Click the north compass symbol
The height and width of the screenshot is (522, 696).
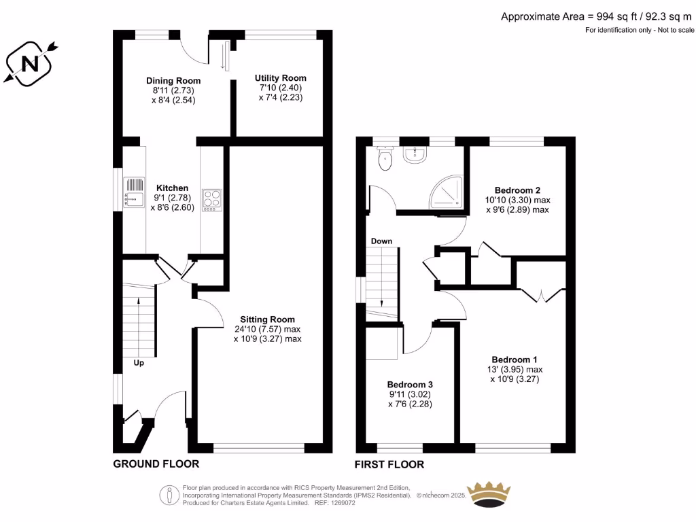point(30,64)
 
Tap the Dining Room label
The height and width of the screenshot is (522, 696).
point(173,80)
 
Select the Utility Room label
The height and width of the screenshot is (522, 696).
point(281,77)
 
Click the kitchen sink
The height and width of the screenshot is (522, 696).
point(134,192)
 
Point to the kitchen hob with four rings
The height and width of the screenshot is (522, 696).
point(212,201)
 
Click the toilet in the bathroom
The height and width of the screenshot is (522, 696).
point(385,158)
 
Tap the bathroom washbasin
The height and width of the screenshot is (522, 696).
point(415,154)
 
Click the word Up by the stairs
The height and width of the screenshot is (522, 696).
point(139,363)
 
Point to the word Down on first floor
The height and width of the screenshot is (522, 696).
point(382,241)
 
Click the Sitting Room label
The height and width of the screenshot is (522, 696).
point(267,319)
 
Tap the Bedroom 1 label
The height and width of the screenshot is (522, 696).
point(515,360)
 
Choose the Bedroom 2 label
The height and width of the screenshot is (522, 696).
point(517,190)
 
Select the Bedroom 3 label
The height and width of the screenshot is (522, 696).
point(410,385)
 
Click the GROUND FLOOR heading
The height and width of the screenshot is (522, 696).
point(156,464)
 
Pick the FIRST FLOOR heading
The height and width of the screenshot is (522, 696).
point(389,464)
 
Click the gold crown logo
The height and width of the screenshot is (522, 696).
point(489,494)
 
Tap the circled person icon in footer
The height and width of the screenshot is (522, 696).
point(169,495)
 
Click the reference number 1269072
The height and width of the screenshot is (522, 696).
point(341,503)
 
